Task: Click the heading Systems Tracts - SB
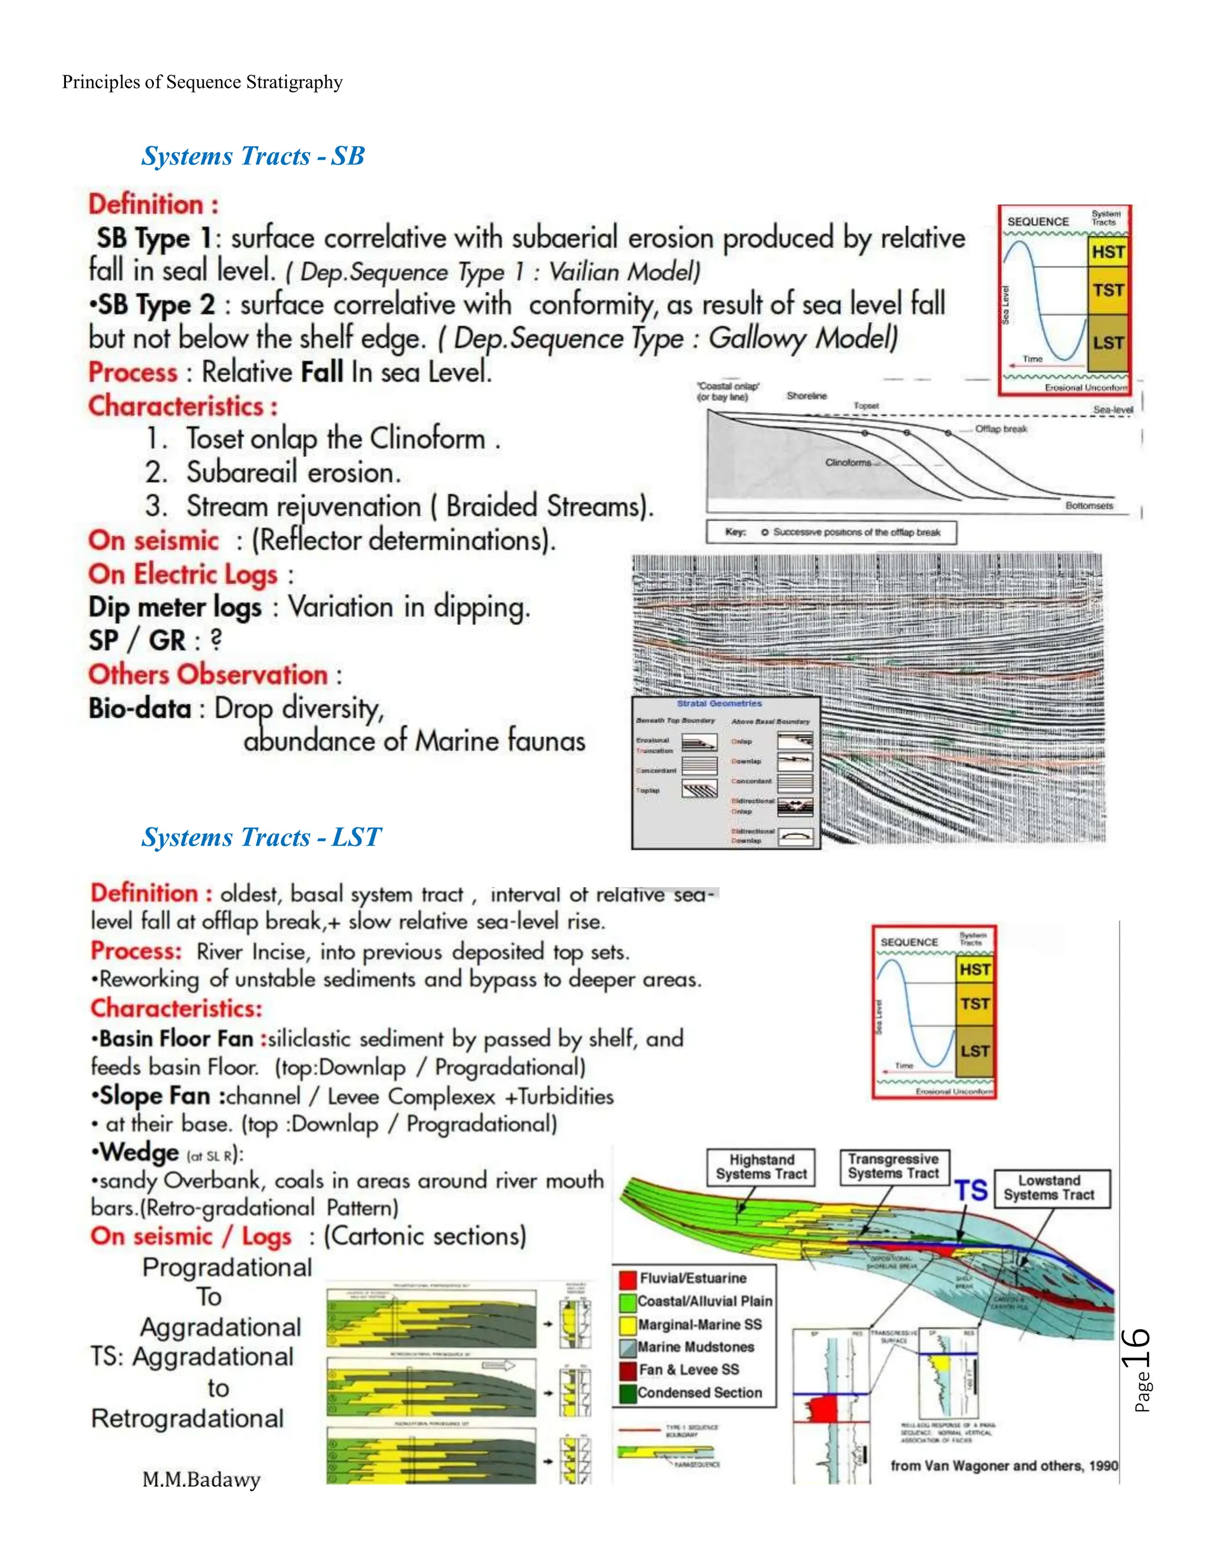pyautogui.click(x=252, y=156)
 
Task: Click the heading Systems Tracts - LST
pyautogui.click(x=261, y=837)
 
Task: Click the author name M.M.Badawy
pyautogui.click(x=201, y=1478)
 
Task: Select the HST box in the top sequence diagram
pyautogui.click(x=1107, y=252)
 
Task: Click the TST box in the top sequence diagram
pyautogui.click(x=1107, y=291)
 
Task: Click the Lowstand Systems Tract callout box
pyautogui.click(x=1049, y=1187)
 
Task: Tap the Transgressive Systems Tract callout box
pyautogui.click(x=893, y=1166)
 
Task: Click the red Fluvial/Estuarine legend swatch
pyautogui.click(x=628, y=1278)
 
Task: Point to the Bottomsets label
pyautogui.click(x=1089, y=506)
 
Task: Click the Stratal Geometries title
pyautogui.click(x=720, y=704)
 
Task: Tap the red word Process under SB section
pyautogui.click(x=132, y=373)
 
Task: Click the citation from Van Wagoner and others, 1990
pyautogui.click(x=1003, y=1465)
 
